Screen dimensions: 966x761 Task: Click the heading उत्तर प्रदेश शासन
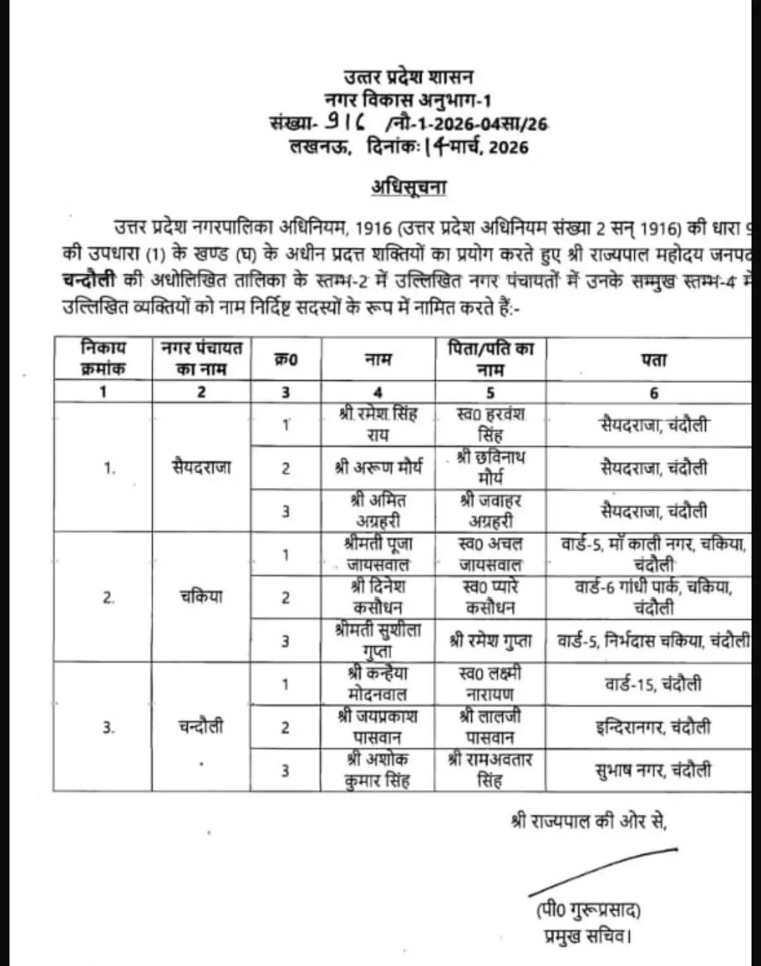408,77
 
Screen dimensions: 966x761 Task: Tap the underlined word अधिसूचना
408,187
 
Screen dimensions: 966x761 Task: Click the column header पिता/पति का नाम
490,359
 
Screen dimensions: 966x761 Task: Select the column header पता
654,359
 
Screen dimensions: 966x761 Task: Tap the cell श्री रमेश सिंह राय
377,424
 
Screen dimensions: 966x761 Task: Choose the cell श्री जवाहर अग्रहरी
490,511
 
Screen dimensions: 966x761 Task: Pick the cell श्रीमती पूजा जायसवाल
378,554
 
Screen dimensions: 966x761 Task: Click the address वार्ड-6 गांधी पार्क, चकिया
653,596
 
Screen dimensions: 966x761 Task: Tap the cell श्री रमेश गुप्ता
490,641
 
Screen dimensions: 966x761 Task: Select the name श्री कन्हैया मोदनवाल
378,684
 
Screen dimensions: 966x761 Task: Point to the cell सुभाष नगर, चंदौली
653,770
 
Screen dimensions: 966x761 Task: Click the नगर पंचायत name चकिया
201,596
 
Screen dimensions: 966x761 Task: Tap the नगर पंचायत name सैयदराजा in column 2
201,467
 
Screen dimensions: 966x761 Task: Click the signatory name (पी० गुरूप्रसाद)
588,911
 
